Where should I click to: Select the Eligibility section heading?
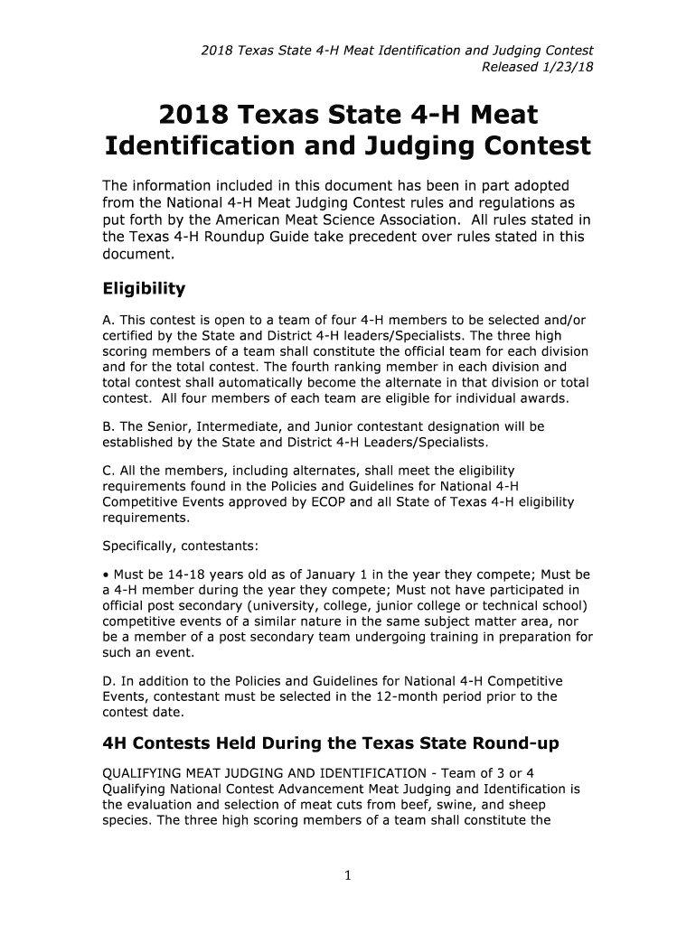click(x=143, y=288)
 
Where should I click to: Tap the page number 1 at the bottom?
click(x=348, y=874)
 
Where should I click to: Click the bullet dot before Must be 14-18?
click(x=105, y=574)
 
